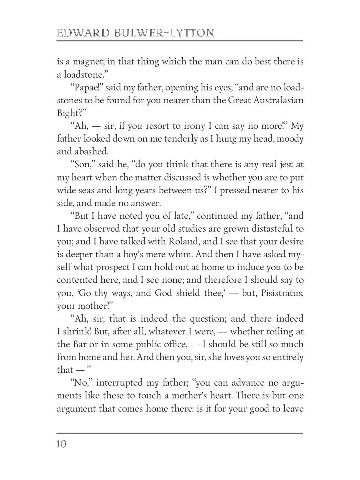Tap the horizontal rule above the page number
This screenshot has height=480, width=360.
180,433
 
